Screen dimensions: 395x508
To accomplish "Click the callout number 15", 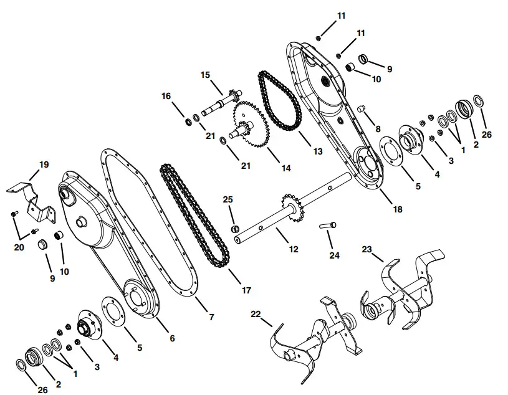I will tap(205, 75).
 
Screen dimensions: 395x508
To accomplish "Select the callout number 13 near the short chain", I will tap(318, 151).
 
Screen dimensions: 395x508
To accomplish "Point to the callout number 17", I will tap(247, 290).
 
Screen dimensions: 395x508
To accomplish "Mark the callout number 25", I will tap(228, 199).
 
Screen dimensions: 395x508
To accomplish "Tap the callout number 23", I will tap(367, 249).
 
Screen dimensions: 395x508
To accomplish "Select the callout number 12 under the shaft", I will tap(294, 249).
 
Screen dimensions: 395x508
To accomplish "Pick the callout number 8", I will tap(378, 129).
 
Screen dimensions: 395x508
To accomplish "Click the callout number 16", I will tap(166, 96).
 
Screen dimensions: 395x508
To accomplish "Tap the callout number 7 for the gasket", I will tap(211, 317).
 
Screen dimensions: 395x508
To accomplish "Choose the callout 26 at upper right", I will tap(487, 134).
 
